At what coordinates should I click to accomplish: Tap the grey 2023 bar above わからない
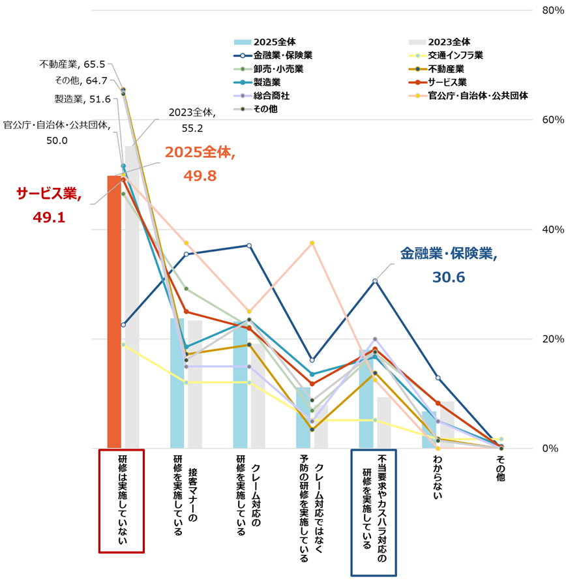click(x=447, y=425)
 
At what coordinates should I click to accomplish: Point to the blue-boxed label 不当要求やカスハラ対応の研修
click(x=374, y=512)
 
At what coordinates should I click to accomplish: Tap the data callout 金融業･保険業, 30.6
click(x=448, y=265)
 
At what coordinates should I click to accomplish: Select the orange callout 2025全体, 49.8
click(x=198, y=164)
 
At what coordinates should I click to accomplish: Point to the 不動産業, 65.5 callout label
click(x=72, y=64)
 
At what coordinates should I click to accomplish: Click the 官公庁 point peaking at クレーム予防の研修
click(x=312, y=243)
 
